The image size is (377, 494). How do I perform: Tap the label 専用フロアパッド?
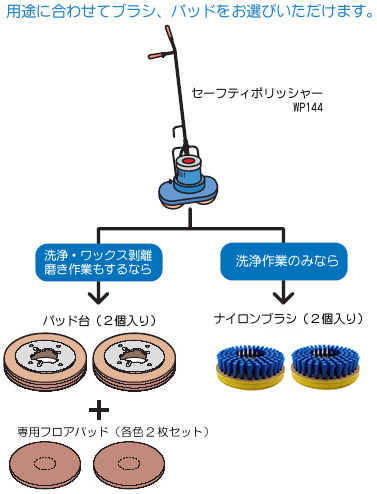[x=110, y=432]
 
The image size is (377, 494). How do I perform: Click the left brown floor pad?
[x=47, y=465]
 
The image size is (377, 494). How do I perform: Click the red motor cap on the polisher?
[x=189, y=159]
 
